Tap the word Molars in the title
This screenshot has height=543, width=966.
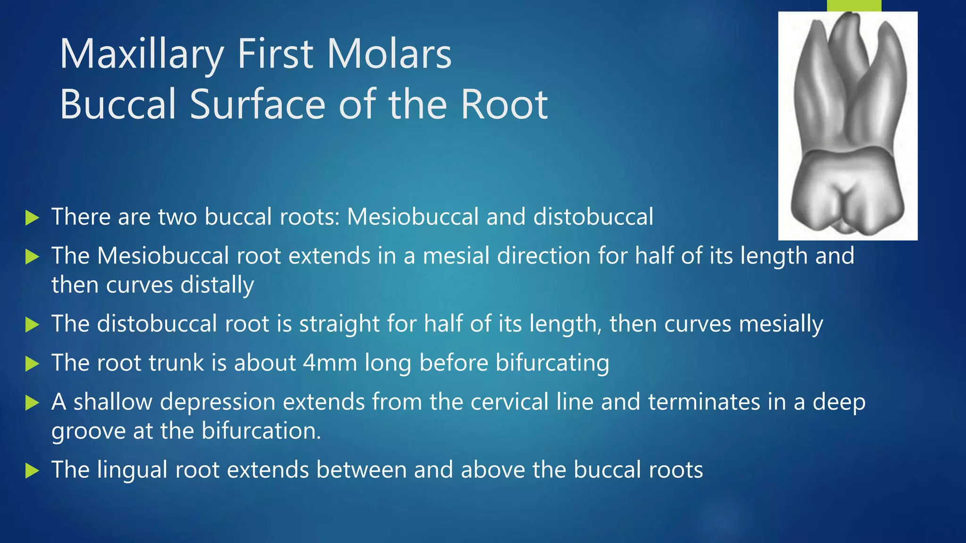390,54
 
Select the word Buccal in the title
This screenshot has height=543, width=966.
118,104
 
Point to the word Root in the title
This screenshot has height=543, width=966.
504,104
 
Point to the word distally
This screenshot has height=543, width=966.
217,285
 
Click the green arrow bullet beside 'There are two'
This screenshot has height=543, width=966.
32,218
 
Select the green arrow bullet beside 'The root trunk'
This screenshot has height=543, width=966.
32,364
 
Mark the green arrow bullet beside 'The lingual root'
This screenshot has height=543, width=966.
32,471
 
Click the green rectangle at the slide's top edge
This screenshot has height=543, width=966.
854,5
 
